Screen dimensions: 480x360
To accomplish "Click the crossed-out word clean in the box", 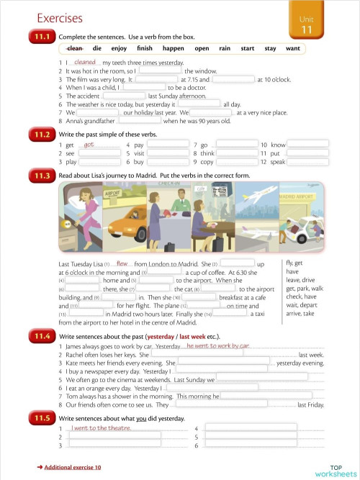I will [x=75, y=48].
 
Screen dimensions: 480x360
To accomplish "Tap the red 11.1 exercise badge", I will [x=40, y=35].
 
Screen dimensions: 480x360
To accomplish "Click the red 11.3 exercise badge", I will [x=40, y=174].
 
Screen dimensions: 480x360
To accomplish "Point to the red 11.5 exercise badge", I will [x=40, y=417].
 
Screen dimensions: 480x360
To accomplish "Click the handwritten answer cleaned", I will [x=85, y=63].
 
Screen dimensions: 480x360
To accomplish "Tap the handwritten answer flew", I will [x=122, y=263].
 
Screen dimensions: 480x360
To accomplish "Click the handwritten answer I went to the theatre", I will [x=101, y=428].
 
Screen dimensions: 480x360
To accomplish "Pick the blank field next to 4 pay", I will [x=167, y=145].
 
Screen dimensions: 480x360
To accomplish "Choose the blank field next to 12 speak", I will [x=308, y=163].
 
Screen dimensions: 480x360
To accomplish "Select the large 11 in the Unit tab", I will [x=305, y=30].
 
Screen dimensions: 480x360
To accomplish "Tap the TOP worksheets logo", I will [x=336, y=469].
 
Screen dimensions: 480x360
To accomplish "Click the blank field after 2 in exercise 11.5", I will [x=115, y=437].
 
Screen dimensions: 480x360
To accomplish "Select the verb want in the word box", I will [x=292, y=48].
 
